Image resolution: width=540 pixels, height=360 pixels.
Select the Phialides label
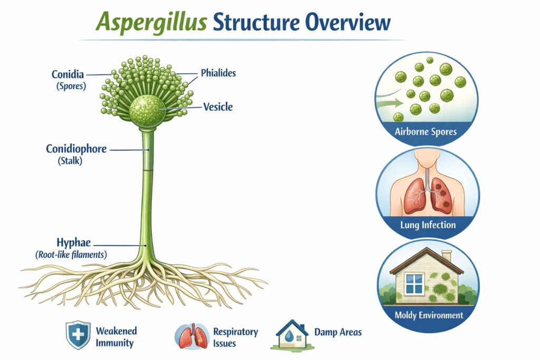point(218,73)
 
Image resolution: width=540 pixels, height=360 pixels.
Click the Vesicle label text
point(218,107)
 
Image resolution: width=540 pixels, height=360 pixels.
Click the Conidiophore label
point(76,149)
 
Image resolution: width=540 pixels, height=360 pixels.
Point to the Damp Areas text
point(337,332)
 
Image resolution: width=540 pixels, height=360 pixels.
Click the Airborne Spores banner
point(426,131)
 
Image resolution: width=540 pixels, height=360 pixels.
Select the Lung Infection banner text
point(428,225)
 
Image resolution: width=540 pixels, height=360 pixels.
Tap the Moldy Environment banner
point(429,315)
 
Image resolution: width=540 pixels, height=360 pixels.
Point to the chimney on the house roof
point(447,257)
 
